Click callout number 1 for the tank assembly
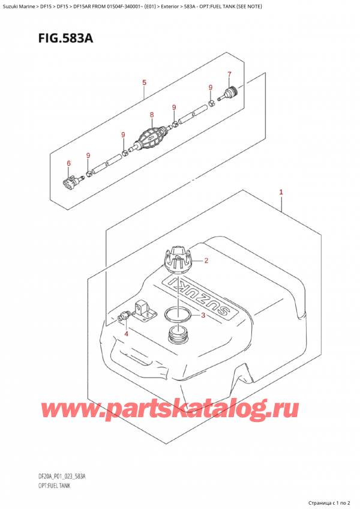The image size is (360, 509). click(x=281, y=193)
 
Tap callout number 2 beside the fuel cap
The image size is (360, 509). click(x=206, y=261)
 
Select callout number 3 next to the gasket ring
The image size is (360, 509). click(x=203, y=316)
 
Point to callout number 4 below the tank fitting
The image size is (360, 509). click(x=126, y=333)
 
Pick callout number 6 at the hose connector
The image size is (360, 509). click(x=68, y=163)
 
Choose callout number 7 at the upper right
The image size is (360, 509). click(x=229, y=74)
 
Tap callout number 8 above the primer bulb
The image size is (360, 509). click(x=152, y=115)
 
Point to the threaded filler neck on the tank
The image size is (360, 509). click(x=178, y=336)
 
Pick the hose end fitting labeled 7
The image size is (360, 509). click(x=229, y=94)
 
